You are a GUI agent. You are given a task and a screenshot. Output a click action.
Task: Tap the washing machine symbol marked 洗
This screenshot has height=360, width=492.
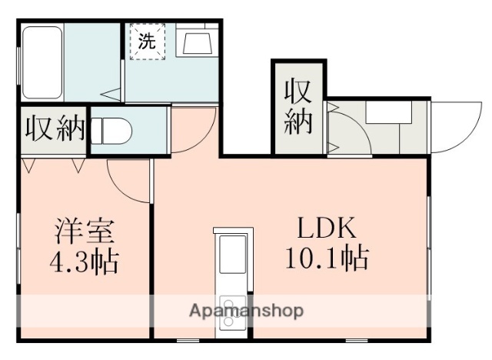tap(145, 42)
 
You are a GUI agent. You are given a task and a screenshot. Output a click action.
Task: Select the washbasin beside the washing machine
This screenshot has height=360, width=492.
tap(195, 42)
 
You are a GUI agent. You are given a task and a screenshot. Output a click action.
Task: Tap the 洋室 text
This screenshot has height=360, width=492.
tap(85, 231)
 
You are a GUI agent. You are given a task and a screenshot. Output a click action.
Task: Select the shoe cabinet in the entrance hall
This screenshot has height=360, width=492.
tap(388, 114)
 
